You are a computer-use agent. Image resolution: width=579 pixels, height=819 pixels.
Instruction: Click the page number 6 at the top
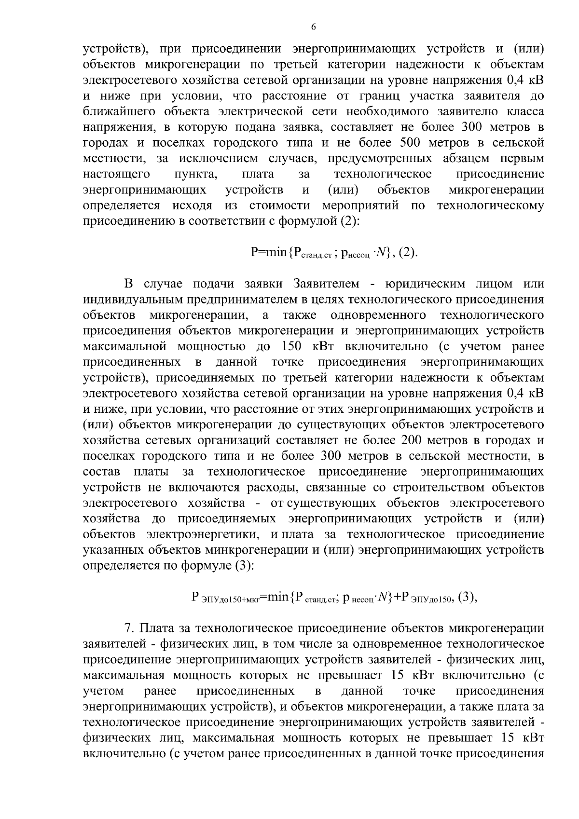(313, 27)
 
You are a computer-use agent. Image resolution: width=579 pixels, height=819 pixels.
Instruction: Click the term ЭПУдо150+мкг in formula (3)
(232, 600)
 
